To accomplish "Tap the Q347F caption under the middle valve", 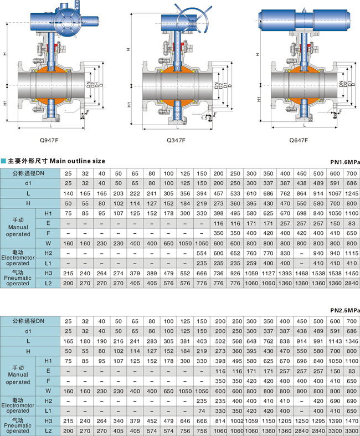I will tap(176, 141).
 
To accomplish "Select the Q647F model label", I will tap(299, 141).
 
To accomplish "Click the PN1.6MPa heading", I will tap(344, 161).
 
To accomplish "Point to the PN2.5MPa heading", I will tap(344, 310).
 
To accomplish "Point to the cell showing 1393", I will tap(285, 272).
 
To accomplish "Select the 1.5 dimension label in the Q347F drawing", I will tap(205, 118).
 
